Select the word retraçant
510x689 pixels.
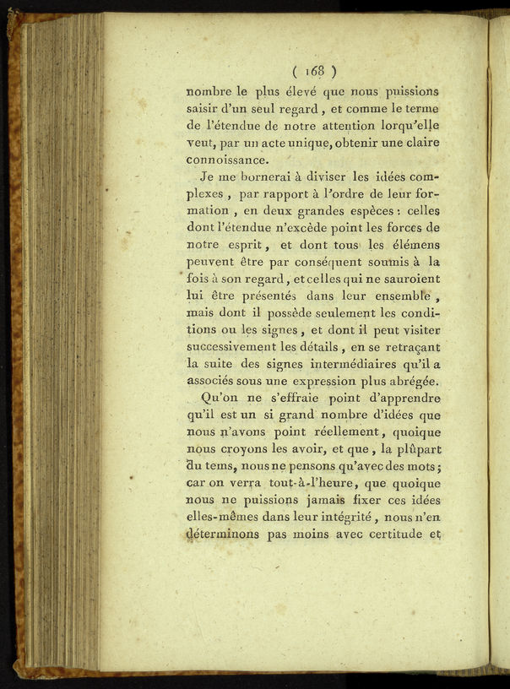409,347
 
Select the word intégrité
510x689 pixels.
334,518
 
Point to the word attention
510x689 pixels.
333,126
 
